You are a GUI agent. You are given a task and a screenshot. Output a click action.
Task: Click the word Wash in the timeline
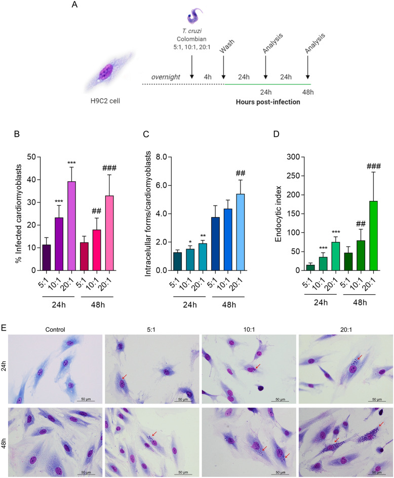[x=224, y=44]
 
